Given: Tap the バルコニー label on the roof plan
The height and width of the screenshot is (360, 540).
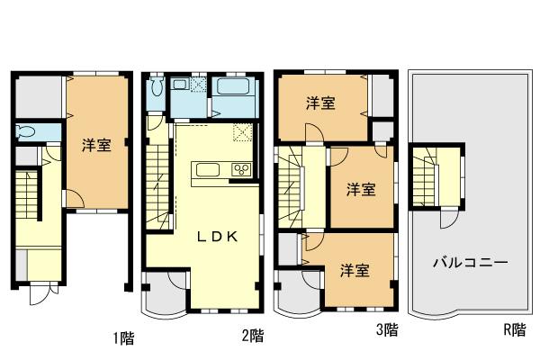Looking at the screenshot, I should pos(470,263).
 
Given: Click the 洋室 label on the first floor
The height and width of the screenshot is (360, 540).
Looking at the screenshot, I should pos(96,145).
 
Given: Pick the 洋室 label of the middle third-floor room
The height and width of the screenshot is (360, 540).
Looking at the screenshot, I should pos(362,189).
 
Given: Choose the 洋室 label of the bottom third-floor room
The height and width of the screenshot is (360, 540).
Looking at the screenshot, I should pos(355,269).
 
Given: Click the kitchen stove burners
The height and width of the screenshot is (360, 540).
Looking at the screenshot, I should pos(240,169).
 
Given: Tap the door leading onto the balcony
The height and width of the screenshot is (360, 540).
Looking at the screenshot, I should pos(448,219).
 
